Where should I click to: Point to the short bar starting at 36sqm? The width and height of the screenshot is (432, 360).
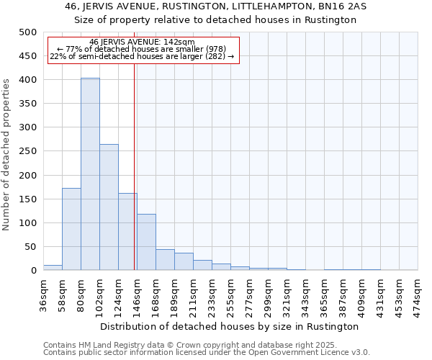pyautogui.click(x=53, y=267)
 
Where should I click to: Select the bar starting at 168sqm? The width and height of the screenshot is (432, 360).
pyautogui.click(x=165, y=260)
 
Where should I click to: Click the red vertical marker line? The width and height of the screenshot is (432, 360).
pyautogui.click(x=135, y=166)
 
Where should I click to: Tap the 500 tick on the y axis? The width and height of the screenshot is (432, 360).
pyautogui.click(x=28, y=32)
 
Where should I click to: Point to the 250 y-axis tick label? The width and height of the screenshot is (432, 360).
pyautogui.click(x=28, y=151)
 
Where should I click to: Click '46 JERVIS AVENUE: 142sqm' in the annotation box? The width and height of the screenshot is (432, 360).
pyautogui.click(x=143, y=42)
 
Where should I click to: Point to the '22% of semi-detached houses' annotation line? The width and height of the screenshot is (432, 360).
pyautogui.click(x=143, y=56)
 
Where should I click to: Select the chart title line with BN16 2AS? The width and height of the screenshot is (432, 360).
pyautogui.click(x=216, y=6)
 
